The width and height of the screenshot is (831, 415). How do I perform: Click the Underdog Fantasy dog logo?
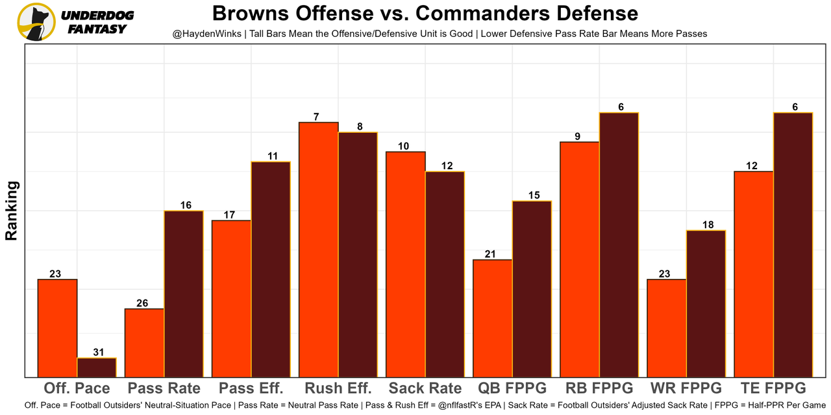(36, 22)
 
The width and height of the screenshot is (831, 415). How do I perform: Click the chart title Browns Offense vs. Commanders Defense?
(425, 13)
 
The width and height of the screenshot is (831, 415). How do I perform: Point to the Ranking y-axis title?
(11, 211)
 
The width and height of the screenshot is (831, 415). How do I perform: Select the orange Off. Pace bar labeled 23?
(58, 328)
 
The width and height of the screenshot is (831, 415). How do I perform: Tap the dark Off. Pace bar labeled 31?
(97, 367)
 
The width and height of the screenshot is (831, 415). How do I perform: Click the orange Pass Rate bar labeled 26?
(144, 343)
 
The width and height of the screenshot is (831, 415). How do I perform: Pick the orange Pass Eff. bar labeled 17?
(231, 298)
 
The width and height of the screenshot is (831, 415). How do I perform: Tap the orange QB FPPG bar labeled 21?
(493, 318)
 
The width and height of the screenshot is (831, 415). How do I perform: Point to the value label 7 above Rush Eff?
(316, 117)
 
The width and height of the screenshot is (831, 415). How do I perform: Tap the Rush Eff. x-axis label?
(338, 388)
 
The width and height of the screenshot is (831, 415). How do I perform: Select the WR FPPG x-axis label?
(686, 388)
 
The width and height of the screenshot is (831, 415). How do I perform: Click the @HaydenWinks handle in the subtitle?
(207, 34)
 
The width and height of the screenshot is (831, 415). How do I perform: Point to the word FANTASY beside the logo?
(97, 29)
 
